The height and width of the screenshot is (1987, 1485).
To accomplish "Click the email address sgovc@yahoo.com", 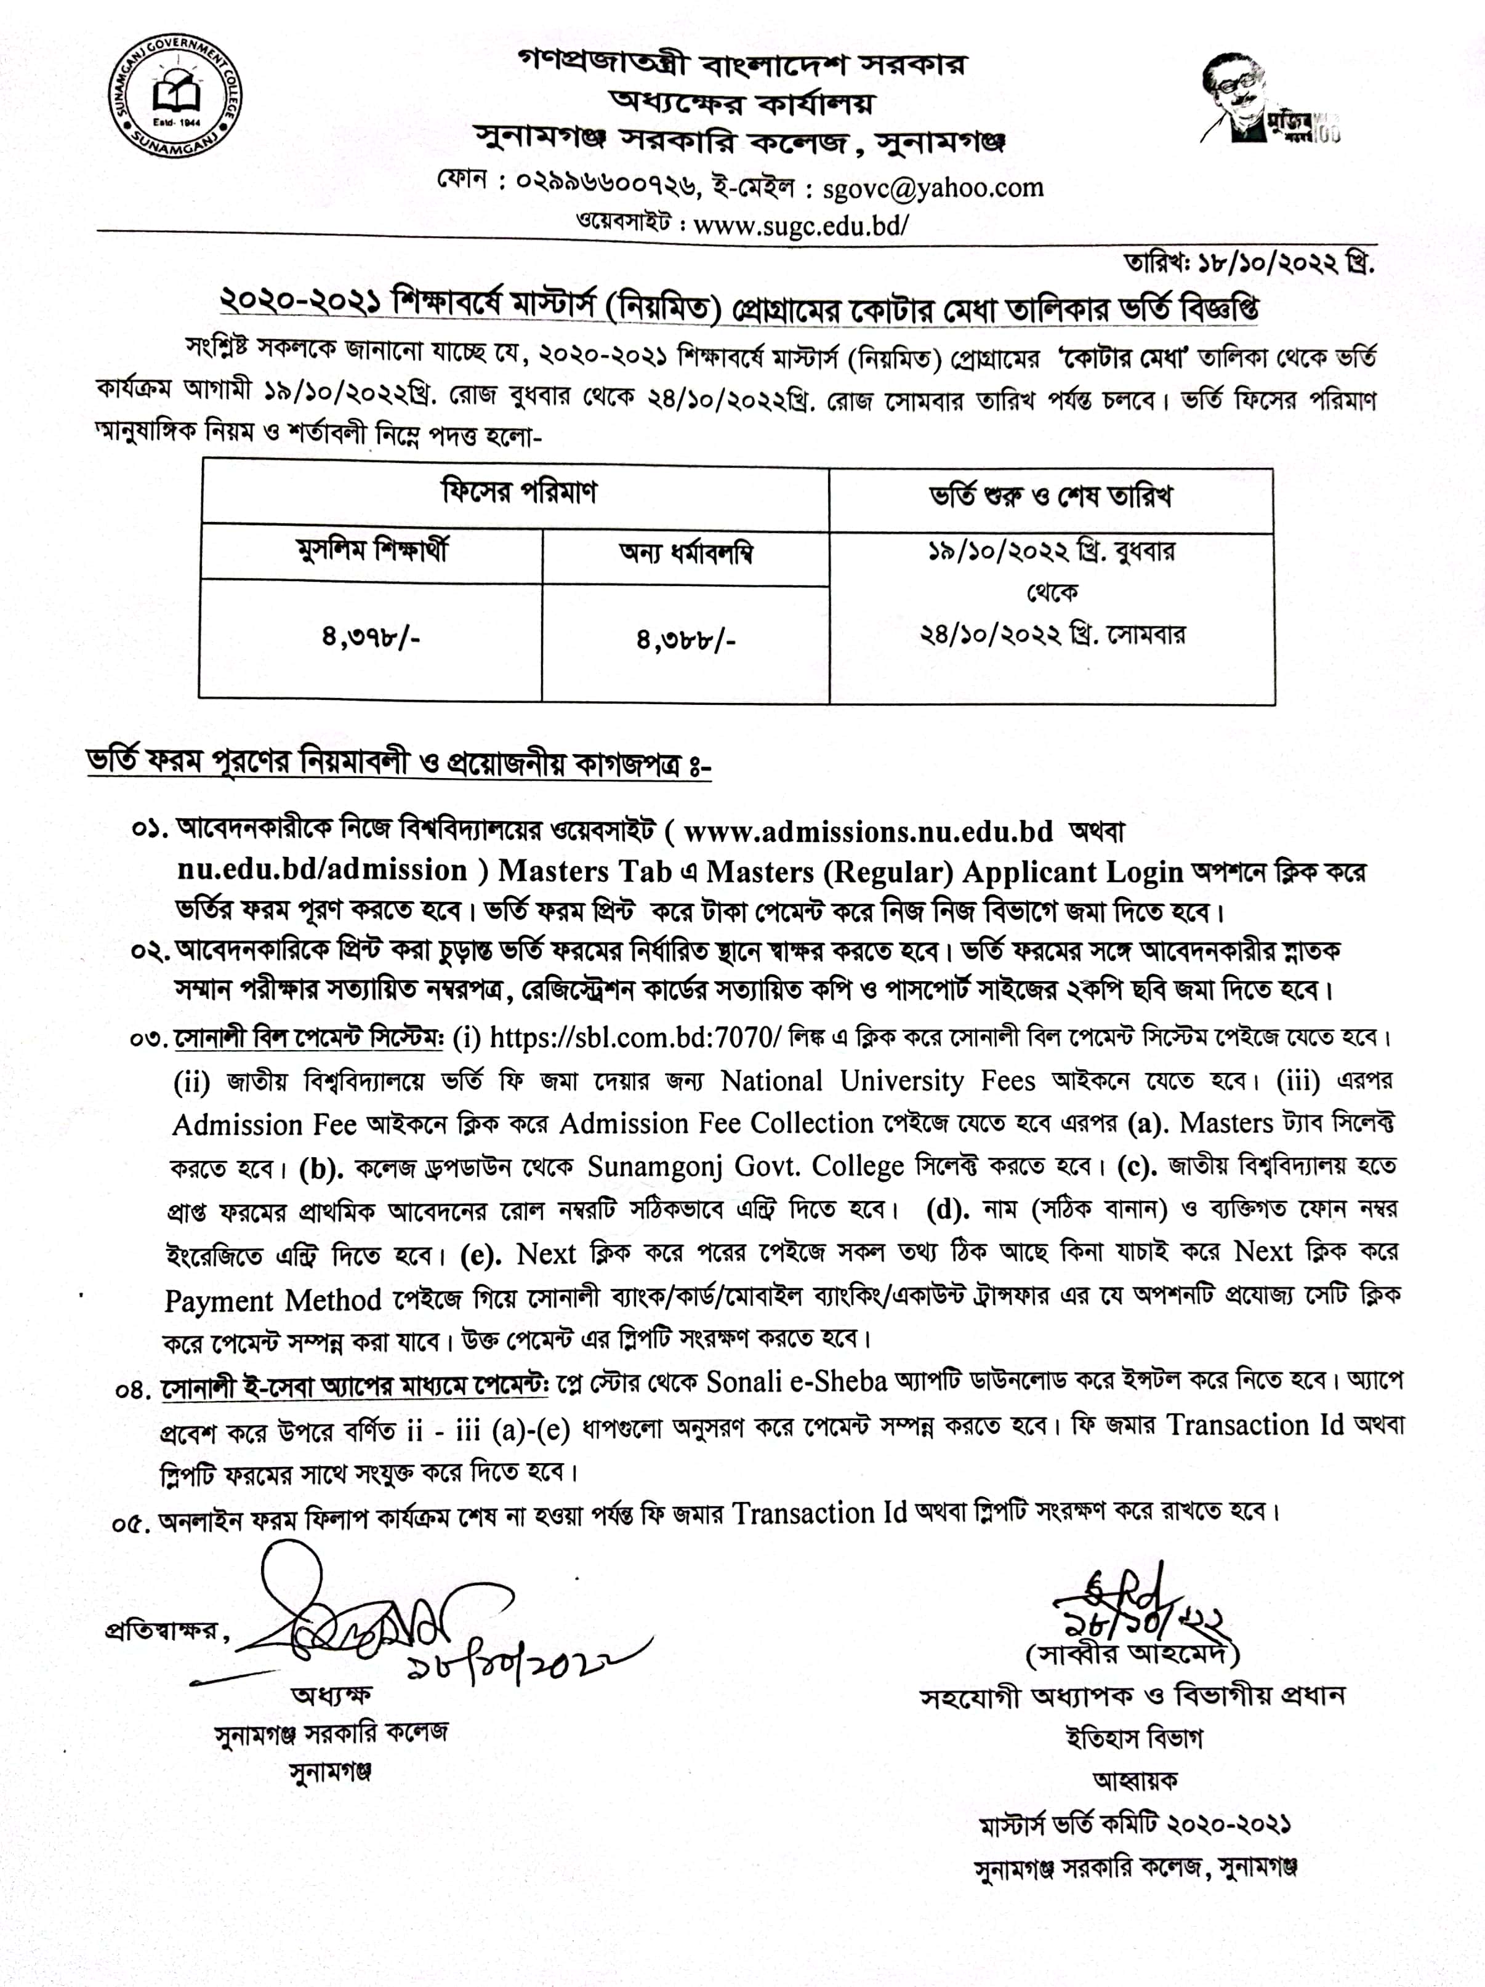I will (933, 188).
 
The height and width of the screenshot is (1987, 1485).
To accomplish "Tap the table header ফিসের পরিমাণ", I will (518, 492).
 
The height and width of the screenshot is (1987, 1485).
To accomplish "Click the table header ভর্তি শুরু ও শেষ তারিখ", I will (1050, 497).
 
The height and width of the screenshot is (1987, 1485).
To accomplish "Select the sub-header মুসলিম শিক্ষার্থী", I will (372, 550).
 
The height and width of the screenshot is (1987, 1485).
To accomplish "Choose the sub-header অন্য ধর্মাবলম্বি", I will (685, 553).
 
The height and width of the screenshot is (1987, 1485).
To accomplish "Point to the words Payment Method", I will (273, 1301).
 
